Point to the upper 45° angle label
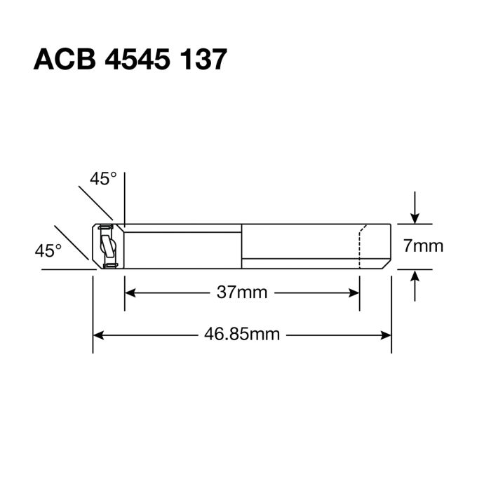tap(102, 179)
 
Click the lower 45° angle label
tap(48, 249)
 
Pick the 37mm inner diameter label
tap(242, 292)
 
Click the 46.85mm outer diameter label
tap(242, 334)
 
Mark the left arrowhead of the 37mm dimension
tap(130, 292)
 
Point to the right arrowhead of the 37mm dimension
tap(354, 292)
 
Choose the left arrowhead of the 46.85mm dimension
tap(99, 334)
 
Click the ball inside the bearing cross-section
tap(107, 247)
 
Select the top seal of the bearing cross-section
tap(105, 228)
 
